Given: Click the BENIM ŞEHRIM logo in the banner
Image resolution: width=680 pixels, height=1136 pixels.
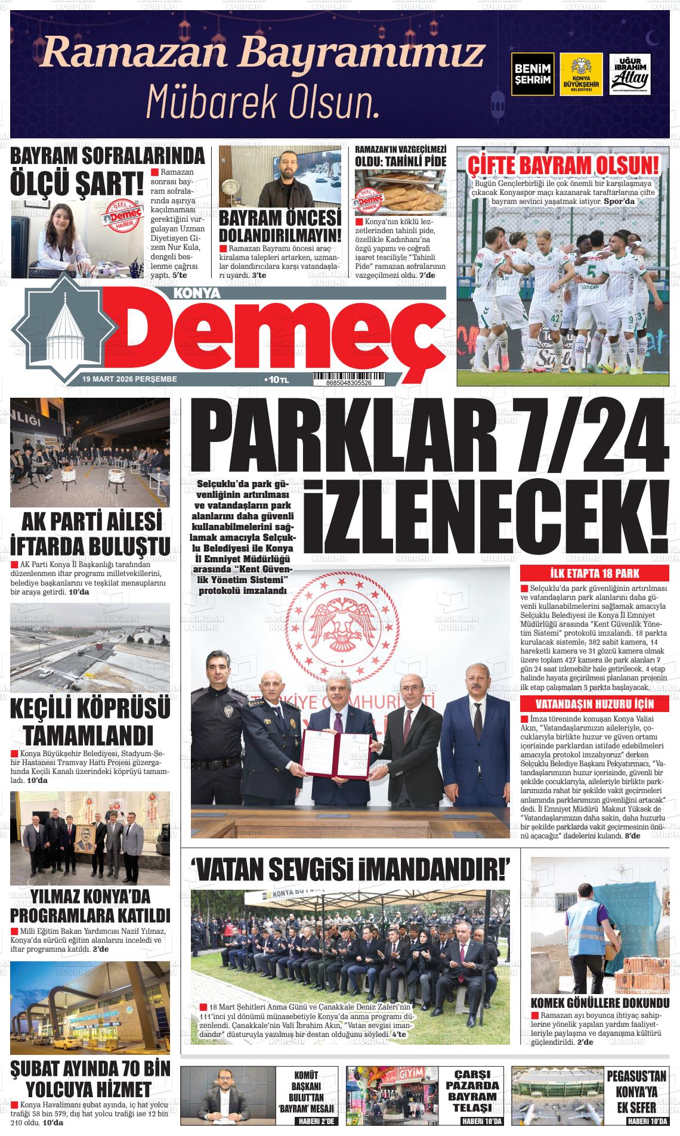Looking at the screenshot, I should (x=533, y=74).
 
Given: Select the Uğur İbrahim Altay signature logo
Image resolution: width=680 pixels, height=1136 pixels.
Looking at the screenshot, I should (x=630, y=74).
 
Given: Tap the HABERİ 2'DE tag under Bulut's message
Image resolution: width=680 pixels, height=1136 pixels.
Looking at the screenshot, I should (x=316, y=1121).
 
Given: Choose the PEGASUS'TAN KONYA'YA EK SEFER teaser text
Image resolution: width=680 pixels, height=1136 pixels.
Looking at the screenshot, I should (x=636, y=1092).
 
